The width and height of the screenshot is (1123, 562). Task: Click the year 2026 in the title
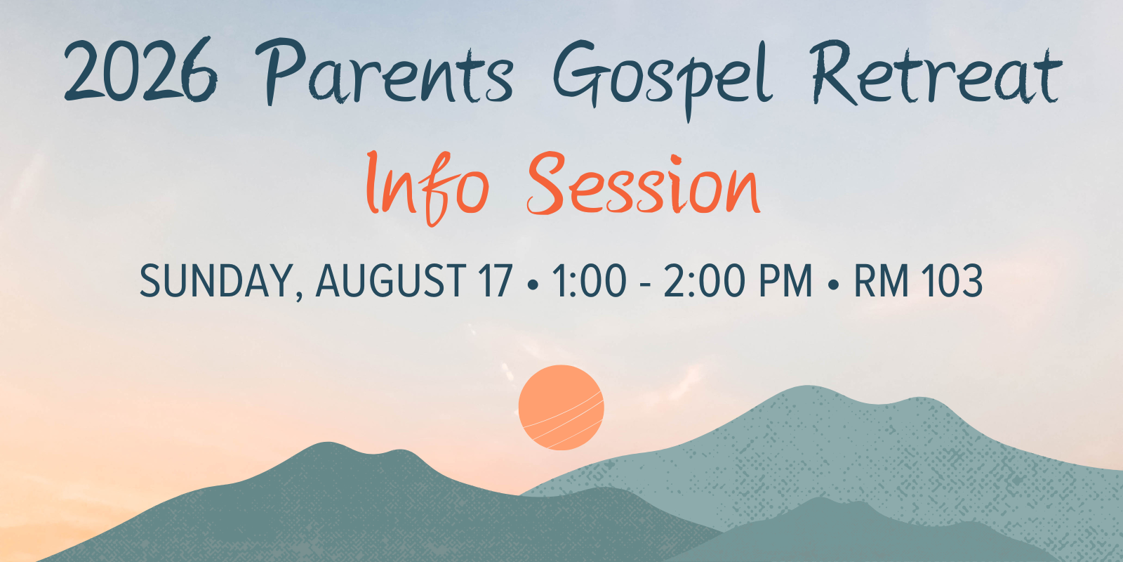[141, 70]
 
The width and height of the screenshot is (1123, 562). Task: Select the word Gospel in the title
[662, 80]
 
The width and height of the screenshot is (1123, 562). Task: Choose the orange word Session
[644, 183]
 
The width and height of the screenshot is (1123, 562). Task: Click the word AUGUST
[391, 281]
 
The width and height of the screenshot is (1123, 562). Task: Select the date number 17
[496, 281]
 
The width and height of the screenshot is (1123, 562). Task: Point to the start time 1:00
[590, 281]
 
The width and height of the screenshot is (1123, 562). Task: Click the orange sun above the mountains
[561, 407]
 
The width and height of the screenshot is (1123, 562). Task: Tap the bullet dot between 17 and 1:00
[533, 285]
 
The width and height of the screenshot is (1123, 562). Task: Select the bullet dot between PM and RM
[833, 285]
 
